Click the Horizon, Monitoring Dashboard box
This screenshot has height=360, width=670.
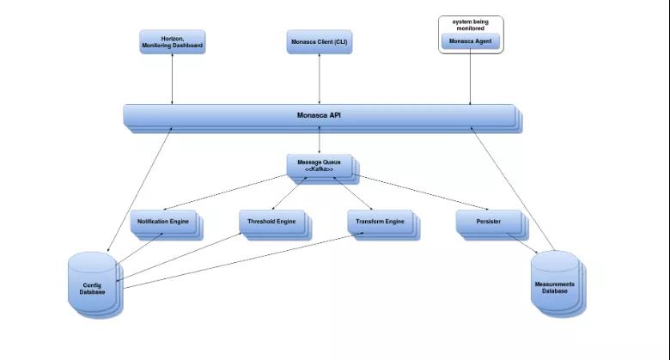point(172,42)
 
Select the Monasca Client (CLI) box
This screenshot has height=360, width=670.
point(320,42)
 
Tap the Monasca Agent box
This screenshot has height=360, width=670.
point(471,41)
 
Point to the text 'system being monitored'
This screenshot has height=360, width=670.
point(471,25)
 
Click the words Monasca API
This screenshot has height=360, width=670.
point(319,115)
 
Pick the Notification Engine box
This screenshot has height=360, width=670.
point(167,225)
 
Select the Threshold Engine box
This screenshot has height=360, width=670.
point(275,225)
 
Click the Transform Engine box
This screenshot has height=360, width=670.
point(384,225)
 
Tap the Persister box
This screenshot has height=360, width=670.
point(492,225)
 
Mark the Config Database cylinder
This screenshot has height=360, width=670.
point(95,284)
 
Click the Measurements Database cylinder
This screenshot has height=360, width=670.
point(558,284)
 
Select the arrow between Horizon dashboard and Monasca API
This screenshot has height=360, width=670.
point(172,79)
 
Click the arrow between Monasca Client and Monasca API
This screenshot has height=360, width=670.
point(320,79)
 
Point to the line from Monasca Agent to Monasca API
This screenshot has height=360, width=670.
point(471,77)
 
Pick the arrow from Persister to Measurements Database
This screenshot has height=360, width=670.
point(522,243)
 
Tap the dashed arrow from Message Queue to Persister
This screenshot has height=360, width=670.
point(420,192)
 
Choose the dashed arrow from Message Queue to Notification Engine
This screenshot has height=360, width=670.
point(225,192)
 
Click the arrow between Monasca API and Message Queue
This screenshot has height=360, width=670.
point(320,140)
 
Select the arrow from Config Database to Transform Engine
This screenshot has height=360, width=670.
point(244,260)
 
